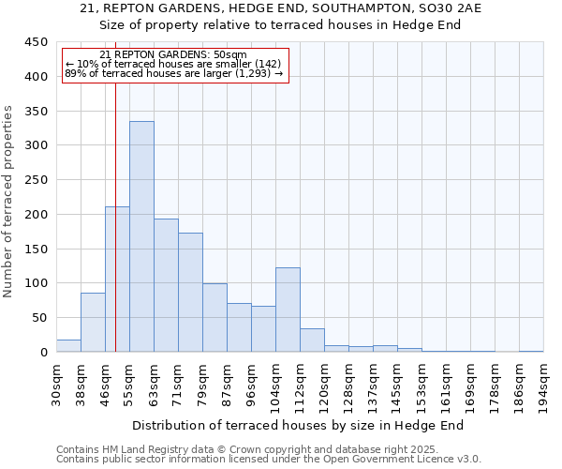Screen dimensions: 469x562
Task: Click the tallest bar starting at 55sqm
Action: point(141,236)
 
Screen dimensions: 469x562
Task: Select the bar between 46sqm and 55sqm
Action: point(117,280)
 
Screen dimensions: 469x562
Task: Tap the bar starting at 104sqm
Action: point(288,310)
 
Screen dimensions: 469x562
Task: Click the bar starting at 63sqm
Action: point(166,285)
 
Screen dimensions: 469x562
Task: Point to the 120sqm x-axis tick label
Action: point(325,386)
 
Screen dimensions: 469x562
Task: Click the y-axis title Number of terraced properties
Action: point(8,202)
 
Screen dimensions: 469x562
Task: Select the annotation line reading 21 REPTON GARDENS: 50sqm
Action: point(172,54)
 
